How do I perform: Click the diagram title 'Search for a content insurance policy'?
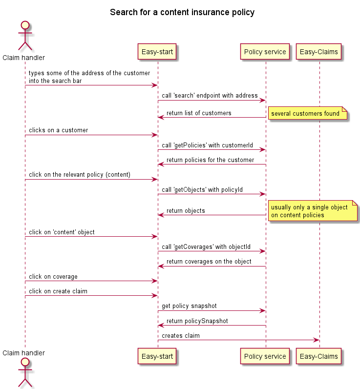(x=182, y=12)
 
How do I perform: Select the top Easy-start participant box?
(x=157, y=52)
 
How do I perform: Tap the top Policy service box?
(x=265, y=52)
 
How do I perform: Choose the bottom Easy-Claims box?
(x=319, y=356)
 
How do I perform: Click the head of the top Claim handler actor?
(x=25, y=25)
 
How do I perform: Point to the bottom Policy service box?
(x=265, y=356)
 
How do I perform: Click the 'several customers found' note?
(x=308, y=113)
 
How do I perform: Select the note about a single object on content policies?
(x=313, y=211)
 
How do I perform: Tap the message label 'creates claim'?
(x=181, y=335)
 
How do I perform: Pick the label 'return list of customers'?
(x=199, y=113)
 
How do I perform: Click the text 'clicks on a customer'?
(x=58, y=130)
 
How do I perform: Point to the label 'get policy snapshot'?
(x=189, y=306)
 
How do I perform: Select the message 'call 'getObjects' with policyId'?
(x=202, y=189)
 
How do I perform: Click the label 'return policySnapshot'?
(x=197, y=321)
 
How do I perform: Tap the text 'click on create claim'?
(x=58, y=291)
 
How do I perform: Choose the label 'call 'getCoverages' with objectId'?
(x=206, y=246)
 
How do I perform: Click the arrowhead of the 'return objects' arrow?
(x=161, y=215)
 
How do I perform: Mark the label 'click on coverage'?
(x=53, y=276)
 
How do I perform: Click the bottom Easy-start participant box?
(x=157, y=356)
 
